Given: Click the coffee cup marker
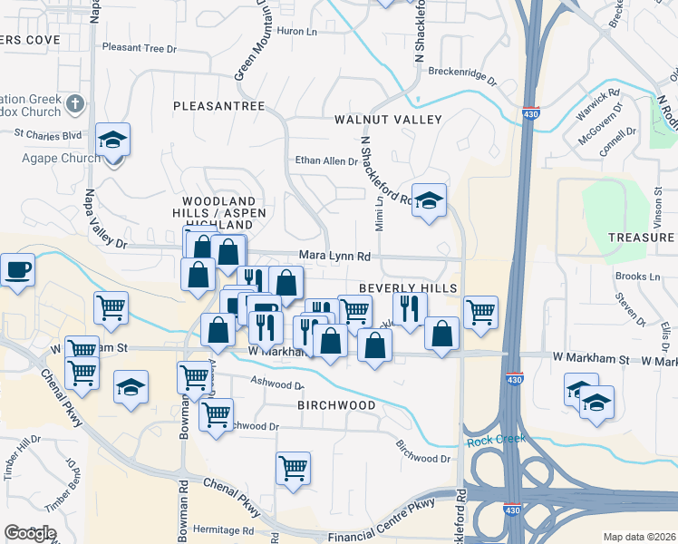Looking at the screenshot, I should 17,270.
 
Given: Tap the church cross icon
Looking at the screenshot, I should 75,105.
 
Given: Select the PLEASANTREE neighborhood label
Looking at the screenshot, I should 219,106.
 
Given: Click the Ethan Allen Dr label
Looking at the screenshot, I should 326,161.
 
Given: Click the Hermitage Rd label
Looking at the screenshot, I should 222,530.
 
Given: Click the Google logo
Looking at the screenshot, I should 30,532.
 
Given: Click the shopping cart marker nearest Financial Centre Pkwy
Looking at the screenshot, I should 294,469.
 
